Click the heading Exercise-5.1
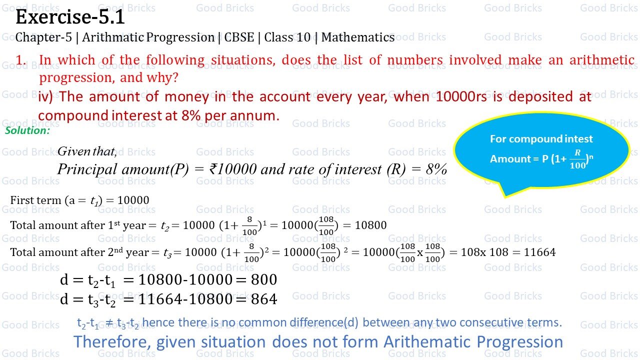tap(70, 18)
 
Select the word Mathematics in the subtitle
tap(358, 37)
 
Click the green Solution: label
tap(27, 130)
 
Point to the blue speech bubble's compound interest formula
tap(541, 158)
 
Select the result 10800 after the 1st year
tap(370, 225)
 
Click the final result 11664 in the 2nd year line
tap(539, 252)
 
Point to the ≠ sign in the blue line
tap(109, 323)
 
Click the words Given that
tap(87, 151)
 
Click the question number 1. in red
tap(20, 60)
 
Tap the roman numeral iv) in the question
tap(45, 96)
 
